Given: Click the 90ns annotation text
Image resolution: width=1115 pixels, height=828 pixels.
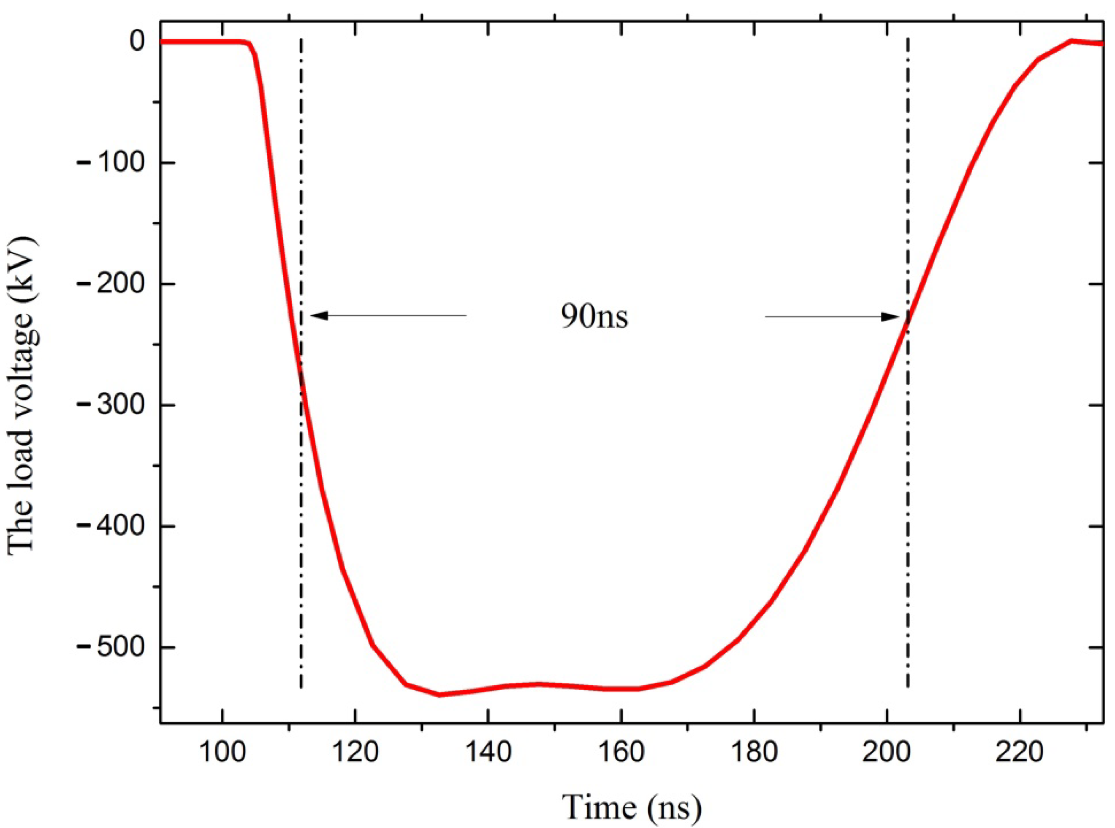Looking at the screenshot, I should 594,317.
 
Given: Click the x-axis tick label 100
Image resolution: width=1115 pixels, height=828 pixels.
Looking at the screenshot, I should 222,752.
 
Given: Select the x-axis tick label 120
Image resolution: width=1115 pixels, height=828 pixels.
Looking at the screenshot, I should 355,752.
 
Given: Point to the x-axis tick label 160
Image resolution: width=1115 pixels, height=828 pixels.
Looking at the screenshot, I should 621,752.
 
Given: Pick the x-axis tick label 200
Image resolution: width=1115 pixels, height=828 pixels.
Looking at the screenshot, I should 887,752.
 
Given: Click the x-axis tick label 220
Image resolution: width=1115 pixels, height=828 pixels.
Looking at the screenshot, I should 1019,752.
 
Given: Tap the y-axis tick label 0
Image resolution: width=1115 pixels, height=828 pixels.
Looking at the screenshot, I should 137,41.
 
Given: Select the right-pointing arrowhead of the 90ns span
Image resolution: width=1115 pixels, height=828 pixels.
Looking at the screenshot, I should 892,317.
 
